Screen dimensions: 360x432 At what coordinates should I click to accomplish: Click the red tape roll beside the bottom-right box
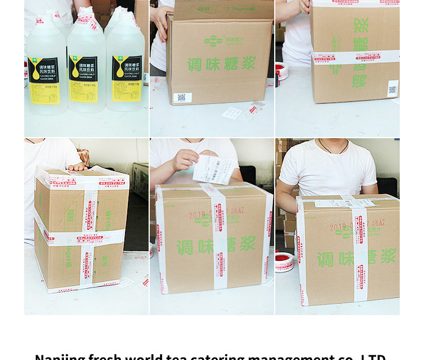coord(284,262)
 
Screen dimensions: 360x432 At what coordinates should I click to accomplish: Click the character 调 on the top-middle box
coord(196,65)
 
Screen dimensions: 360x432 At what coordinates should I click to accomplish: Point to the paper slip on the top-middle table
coord(232,113)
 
